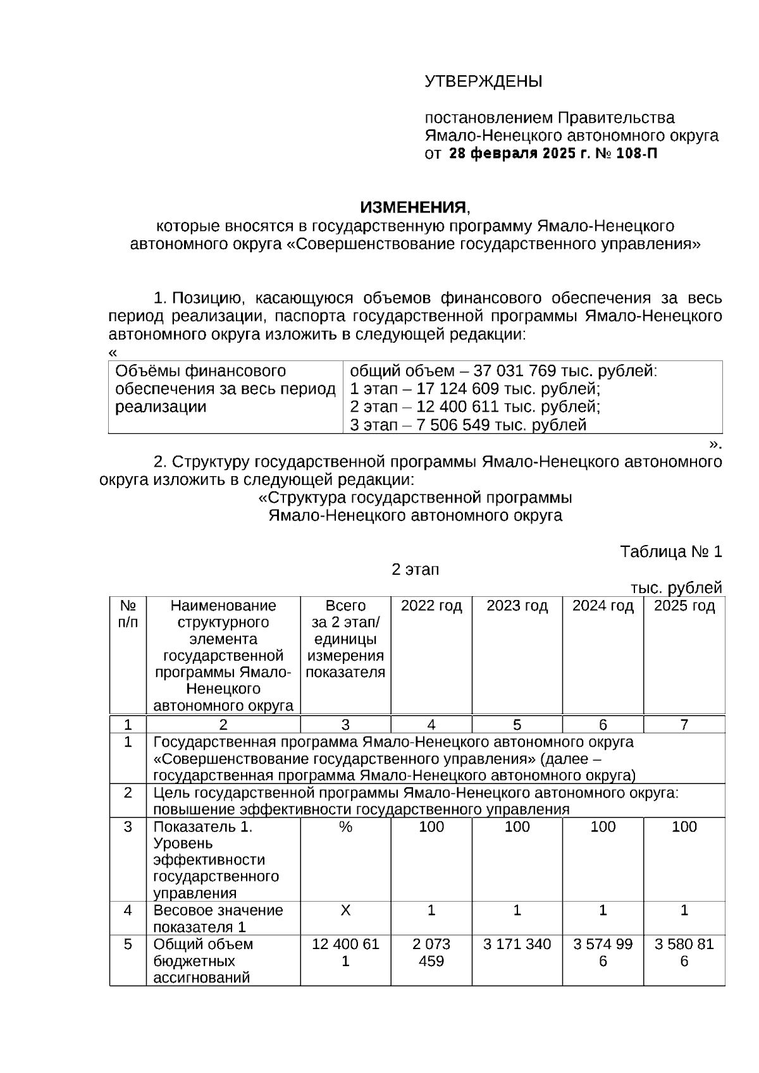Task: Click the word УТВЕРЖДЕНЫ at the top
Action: pos(483,82)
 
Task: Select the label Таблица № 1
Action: pos(670,551)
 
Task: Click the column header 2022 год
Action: pos(431,606)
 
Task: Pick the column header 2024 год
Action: pos(603,606)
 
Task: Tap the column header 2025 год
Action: pos(684,606)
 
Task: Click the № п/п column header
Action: pos(128,614)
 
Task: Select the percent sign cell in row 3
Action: pos(345,827)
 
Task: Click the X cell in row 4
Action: pos(345,911)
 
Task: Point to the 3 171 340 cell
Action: pos(517,944)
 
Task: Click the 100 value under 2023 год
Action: pos(517,827)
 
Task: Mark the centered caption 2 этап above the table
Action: pos(415,570)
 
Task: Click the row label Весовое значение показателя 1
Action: pos(218,918)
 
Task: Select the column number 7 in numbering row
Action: pos(684,725)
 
